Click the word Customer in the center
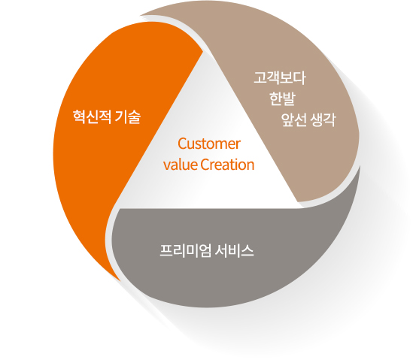point(209,144)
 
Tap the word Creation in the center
point(227,165)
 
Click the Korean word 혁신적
point(92,116)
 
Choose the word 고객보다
point(279,78)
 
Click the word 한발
point(283,98)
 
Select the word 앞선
point(294,119)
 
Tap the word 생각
point(323,119)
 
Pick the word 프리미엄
point(185,250)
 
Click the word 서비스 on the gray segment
point(234,250)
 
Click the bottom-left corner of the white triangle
point(120,208)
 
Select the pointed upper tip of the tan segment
point(140,15)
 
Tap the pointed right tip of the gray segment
point(360,166)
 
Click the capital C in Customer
point(182,144)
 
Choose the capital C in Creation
point(205,165)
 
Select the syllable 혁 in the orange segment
point(79,116)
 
